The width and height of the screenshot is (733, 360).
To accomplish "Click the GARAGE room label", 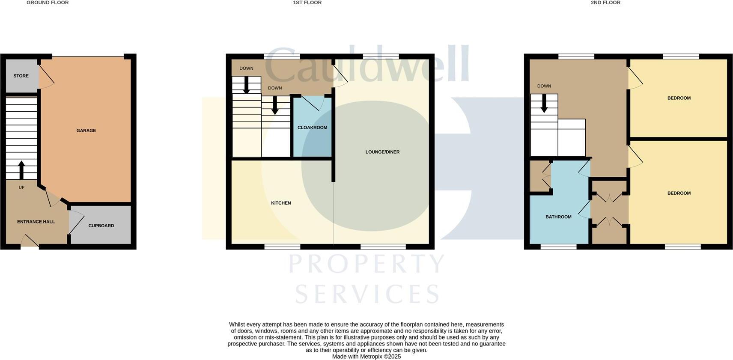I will [x=86, y=131].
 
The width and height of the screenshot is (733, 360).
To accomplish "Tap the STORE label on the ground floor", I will [x=21, y=76].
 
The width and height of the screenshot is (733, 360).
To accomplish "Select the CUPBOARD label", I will [x=101, y=226].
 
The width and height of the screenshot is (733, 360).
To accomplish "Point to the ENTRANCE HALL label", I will [x=36, y=222].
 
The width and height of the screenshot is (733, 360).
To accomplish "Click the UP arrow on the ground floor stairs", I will [x=21, y=170].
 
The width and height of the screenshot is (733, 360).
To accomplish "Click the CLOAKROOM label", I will [x=312, y=128].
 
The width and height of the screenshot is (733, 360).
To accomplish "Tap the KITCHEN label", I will [x=281, y=203].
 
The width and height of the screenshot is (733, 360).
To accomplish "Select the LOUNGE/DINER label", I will [x=382, y=152].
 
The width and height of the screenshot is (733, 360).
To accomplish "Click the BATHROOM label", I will [x=558, y=217].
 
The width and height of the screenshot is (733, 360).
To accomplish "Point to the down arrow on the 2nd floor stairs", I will [x=544, y=103].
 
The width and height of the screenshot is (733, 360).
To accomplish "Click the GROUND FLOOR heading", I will [x=48, y=3].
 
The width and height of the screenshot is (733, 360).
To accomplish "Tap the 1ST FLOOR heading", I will [x=307, y=3].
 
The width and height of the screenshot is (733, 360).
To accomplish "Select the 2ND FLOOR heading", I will [x=605, y=3].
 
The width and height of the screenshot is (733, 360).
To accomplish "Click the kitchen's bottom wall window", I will [x=282, y=247].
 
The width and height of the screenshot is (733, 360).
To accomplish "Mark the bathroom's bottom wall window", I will [x=558, y=247].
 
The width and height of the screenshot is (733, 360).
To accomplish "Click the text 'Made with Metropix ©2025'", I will [x=366, y=356].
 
